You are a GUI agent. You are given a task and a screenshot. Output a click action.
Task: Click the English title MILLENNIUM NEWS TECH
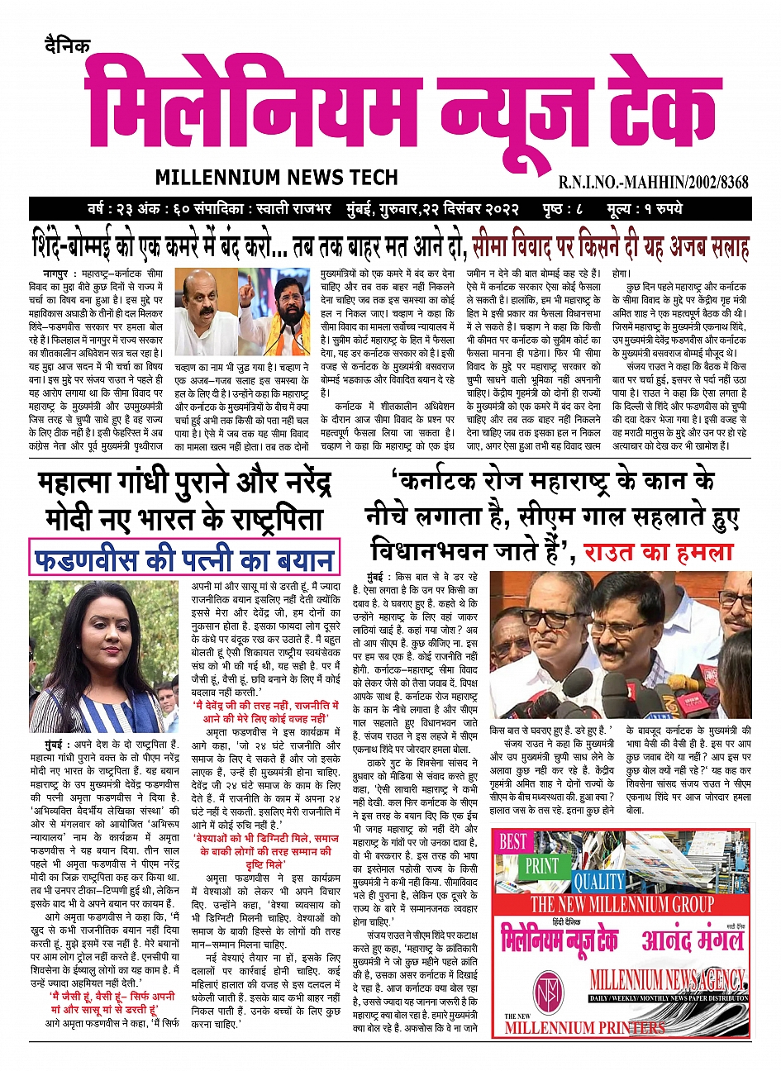[276, 177]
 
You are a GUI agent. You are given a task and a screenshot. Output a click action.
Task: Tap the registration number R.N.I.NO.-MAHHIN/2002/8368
[653, 182]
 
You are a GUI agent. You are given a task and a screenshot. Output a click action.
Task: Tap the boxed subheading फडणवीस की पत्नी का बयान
[183, 559]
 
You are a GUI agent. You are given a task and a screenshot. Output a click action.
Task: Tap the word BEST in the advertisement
[512, 841]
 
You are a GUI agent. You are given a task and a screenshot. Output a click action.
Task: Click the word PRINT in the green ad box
[543, 866]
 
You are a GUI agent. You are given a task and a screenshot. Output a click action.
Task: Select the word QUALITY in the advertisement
[598, 881]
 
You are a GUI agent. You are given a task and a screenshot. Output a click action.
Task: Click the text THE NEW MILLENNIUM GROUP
[621, 903]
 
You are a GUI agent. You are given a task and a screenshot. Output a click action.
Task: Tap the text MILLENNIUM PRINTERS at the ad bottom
[585, 1028]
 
